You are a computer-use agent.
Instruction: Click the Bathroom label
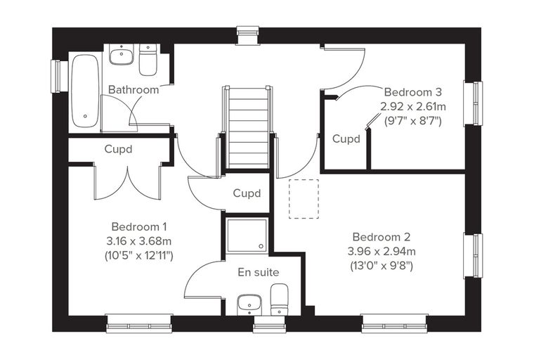point(133,90)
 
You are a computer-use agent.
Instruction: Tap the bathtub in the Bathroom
point(85,91)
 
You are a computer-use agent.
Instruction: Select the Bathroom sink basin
point(121,56)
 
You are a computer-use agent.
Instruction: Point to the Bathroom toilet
point(148,60)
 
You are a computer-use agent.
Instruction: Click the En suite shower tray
point(247,236)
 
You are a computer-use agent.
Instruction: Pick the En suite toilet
point(279,300)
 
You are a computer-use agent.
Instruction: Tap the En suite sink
point(249,304)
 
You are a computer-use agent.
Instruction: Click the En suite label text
point(259,272)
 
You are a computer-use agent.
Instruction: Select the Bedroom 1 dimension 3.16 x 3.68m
point(139,241)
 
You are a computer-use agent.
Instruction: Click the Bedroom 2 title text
point(382,236)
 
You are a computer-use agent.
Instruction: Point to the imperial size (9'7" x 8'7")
point(413,121)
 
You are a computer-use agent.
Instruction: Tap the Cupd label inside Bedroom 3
point(346,139)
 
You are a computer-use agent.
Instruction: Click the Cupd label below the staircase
point(247,193)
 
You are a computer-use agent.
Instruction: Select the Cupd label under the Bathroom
point(118,149)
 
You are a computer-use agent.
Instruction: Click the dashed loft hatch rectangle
point(304,199)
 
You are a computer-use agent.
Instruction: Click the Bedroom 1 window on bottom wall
point(139,323)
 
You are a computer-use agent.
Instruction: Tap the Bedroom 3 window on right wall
point(474,103)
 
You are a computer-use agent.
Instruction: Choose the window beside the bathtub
point(56,77)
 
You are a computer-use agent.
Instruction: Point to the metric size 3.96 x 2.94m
point(382,252)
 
